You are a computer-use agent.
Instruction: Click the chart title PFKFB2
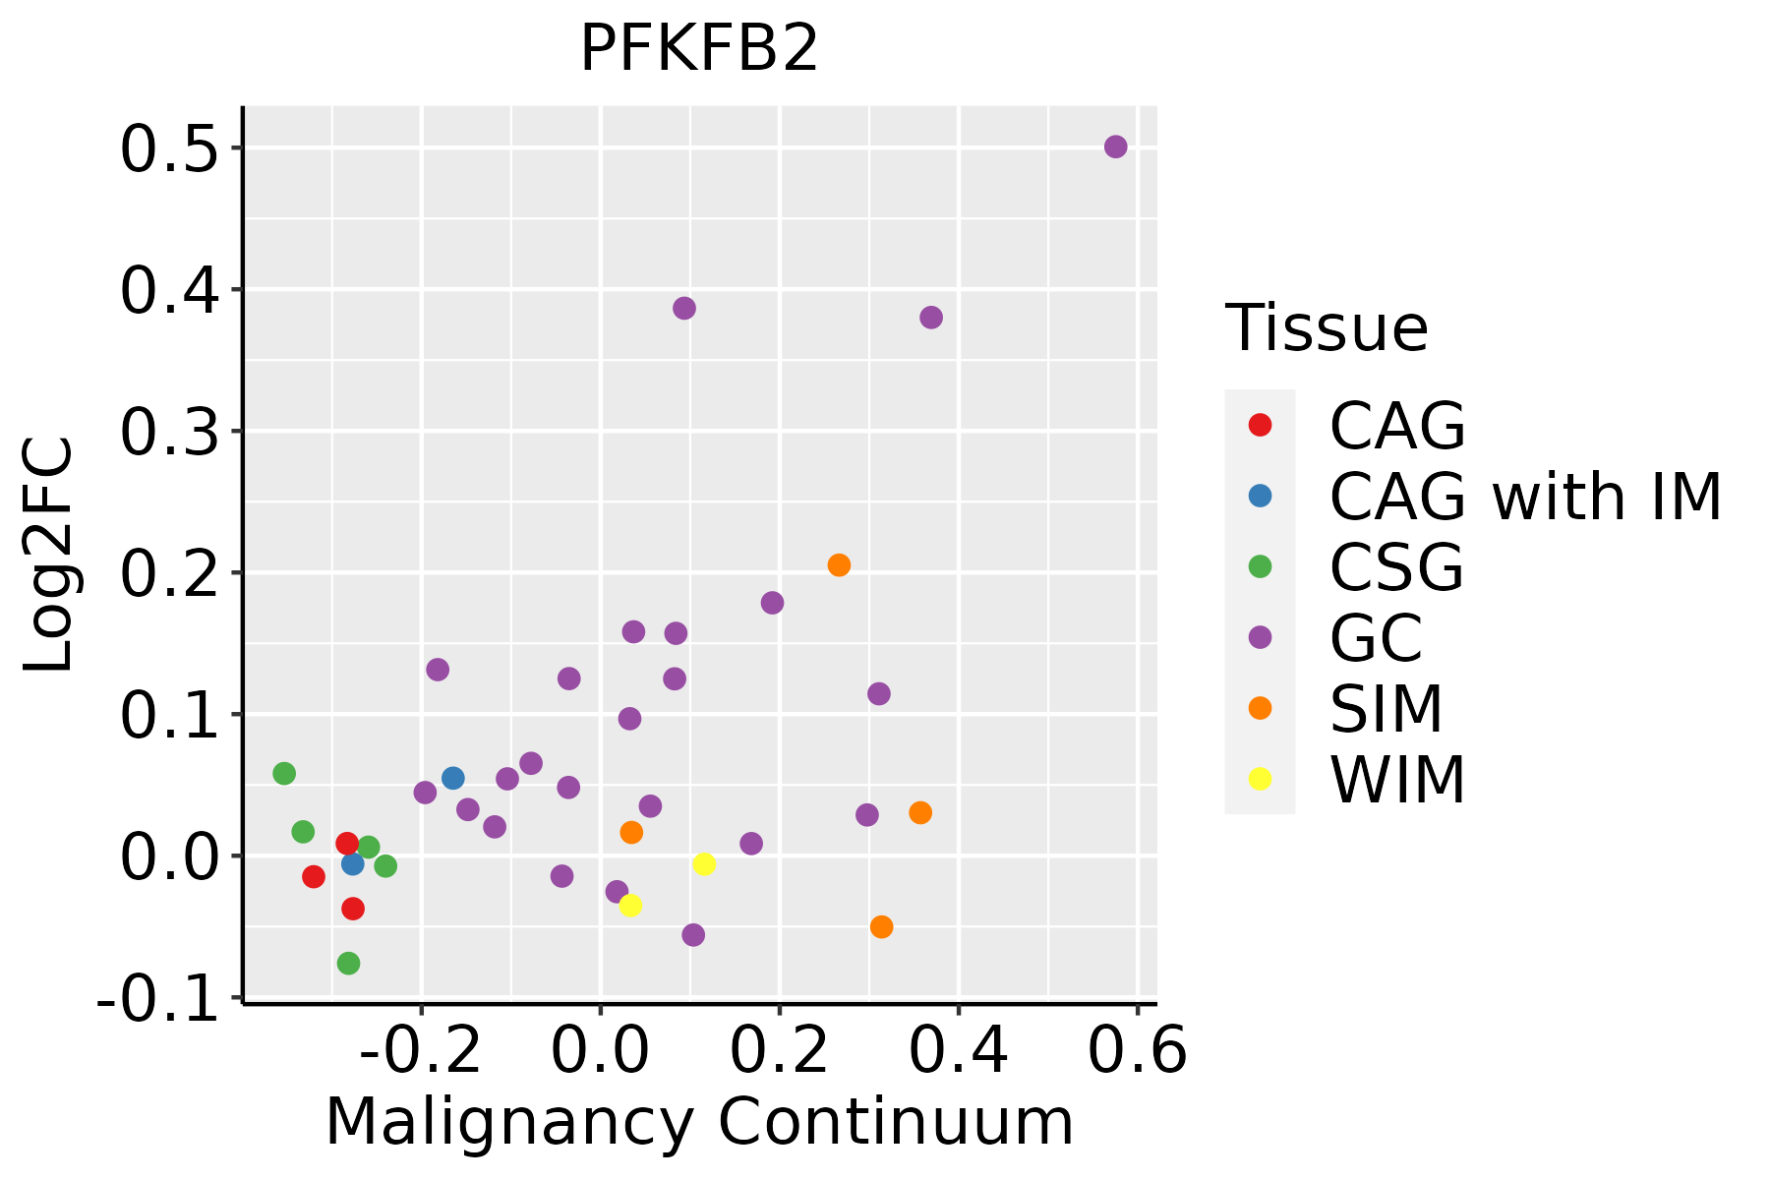point(699,48)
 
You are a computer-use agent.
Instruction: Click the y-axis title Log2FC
point(49,555)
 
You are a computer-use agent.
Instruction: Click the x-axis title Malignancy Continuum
point(699,1122)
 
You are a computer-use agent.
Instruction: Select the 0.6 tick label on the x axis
point(1138,1051)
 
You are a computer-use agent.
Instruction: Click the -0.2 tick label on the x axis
point(421,1051)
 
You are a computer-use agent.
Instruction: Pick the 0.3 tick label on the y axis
point(168,432)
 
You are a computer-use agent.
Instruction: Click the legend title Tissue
point(1327,328)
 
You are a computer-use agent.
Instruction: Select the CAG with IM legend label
point(1525,497)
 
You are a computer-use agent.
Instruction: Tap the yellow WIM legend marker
point(1260,779)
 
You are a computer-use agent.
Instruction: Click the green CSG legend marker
point(1260,566)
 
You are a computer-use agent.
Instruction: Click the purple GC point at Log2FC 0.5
point(1115,147)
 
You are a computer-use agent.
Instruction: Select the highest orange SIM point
point(839,565)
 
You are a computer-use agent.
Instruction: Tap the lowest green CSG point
point(348,963)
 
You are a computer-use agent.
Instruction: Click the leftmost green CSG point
point(284,774)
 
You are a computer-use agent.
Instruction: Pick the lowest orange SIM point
point(881,927)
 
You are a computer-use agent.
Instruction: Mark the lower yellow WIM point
point(630,906)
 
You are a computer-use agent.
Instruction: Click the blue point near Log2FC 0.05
point(452,779)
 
